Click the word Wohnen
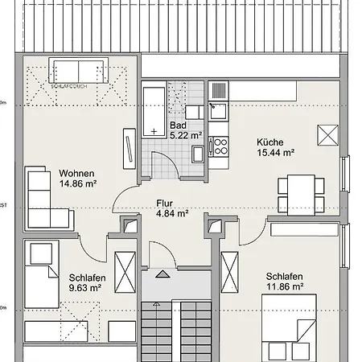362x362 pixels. [77, 173]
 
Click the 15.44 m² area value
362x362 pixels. [275, 151]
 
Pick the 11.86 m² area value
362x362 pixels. [285, 286]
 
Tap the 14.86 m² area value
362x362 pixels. [78, 183]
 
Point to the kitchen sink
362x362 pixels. [218, 105]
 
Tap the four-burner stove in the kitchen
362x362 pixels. [218, 145]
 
